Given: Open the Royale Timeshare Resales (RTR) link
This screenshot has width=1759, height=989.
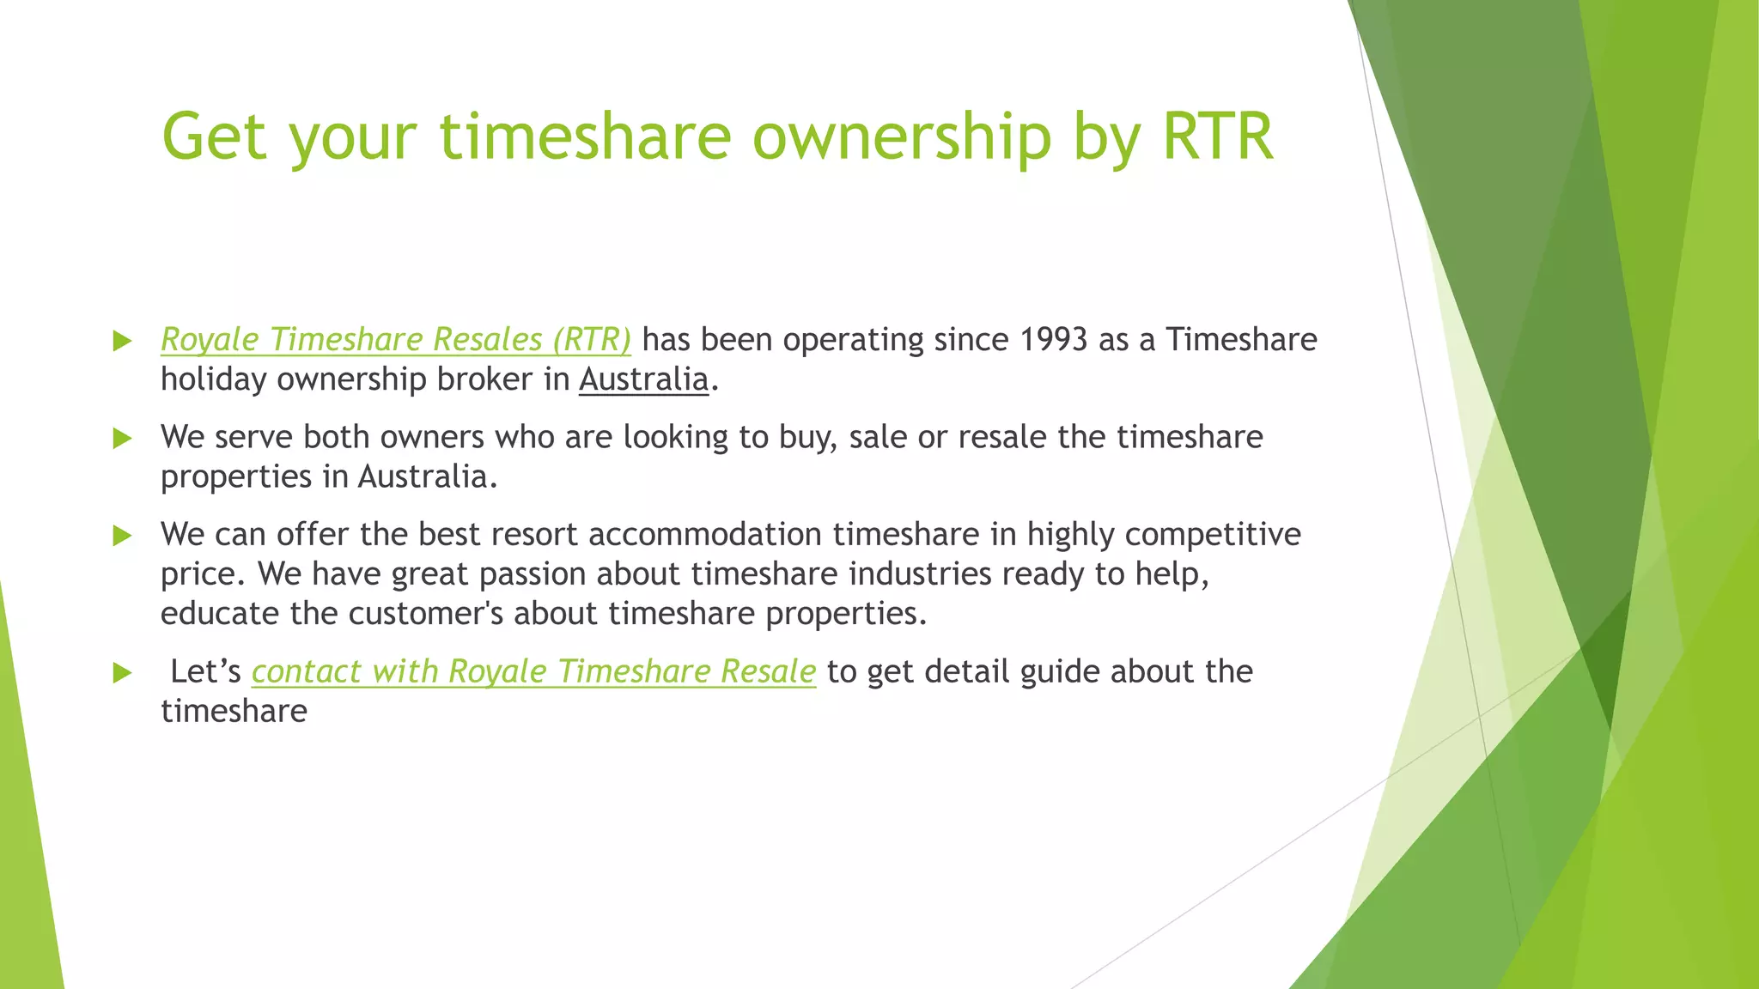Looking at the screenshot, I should tap(395, 340).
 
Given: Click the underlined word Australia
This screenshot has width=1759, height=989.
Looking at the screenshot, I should tap(643, 379).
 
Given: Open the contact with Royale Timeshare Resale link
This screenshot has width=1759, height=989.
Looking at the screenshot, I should tap(533, 671).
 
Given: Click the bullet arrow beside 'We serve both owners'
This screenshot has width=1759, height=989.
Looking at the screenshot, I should tap(123, 439).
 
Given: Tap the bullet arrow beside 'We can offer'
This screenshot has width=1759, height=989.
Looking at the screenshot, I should tap(123, 536).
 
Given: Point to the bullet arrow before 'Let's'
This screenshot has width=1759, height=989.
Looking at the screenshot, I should tap(123, 672).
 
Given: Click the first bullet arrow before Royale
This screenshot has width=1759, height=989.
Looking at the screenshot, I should tap(123, 341).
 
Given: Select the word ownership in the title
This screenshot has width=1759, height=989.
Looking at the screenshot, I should tap(901, 137).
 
